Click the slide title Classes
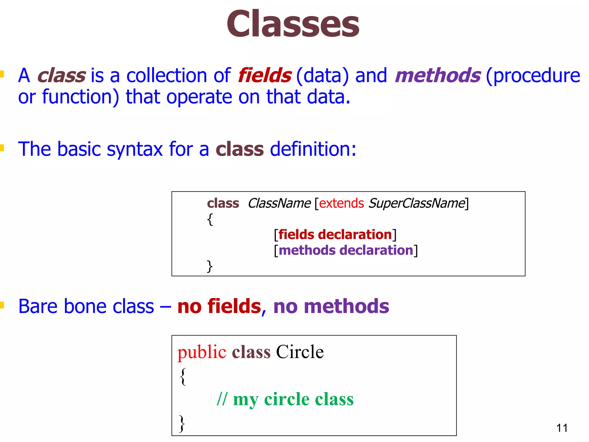point(293,24)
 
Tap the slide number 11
point(562,428)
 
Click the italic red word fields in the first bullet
point(265,75)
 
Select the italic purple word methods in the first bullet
point(437,75)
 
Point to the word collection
point(167,75)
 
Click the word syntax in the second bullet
point(135,149)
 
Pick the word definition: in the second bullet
point(313,149)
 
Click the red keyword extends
point(341,203)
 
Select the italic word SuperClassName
point(417,203)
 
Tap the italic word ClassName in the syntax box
point(279,203)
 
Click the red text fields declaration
point(335,235)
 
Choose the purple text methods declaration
point(346,250)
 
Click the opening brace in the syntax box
point(210,219)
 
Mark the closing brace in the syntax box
point(210,266)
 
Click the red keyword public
point(202,352)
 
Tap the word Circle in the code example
point(300,352)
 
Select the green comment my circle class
point(293,399)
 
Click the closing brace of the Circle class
point(182,423)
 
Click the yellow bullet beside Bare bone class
point(2,305)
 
